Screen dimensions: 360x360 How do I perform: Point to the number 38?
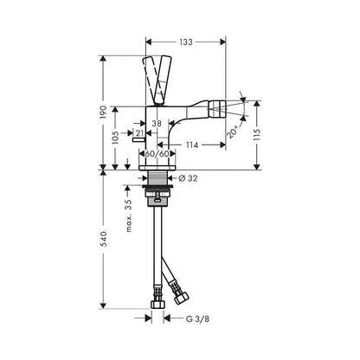tap(156, 123)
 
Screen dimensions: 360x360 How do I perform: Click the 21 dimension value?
tap(139, 134)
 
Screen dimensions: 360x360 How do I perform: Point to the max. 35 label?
tap(127, 215)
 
